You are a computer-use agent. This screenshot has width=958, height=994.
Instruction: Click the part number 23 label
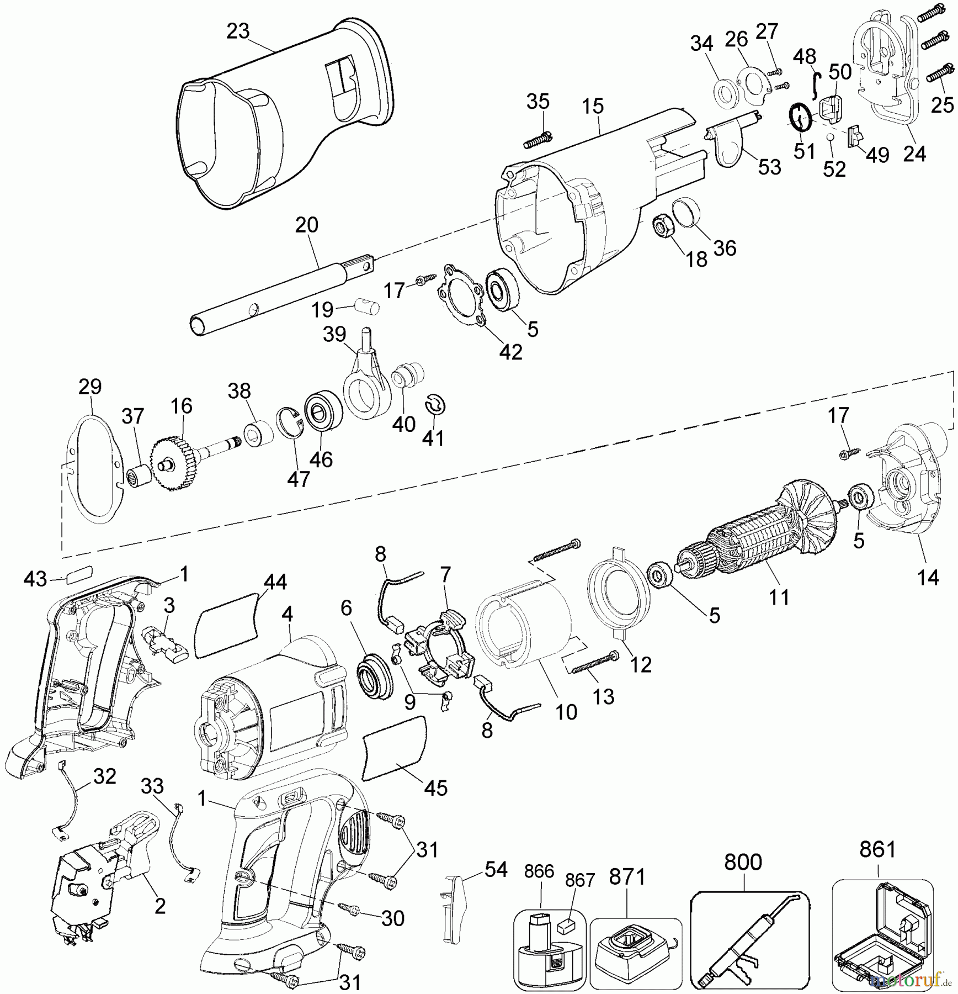pos(238,31)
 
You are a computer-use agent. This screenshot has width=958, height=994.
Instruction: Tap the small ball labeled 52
pos(831,137)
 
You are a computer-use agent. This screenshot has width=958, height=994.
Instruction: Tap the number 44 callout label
pos(275,583)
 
